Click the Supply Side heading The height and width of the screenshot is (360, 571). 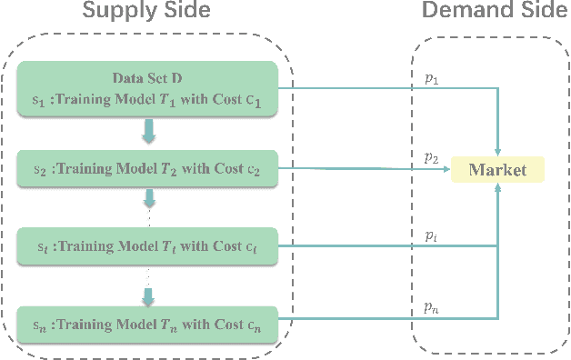coord(146,13)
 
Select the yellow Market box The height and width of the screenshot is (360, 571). coord(497,169)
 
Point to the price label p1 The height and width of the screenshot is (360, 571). coord(431,80)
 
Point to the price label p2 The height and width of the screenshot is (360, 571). coord(431,157)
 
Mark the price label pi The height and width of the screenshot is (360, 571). coord(431,235)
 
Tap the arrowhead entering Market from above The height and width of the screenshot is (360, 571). coord(497,150)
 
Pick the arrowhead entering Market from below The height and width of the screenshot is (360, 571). coord(497,188)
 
